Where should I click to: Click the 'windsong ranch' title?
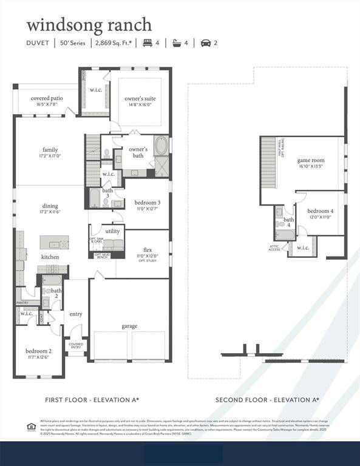89,25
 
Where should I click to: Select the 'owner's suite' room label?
140,99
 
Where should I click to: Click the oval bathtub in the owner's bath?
162,147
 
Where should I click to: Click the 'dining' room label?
50,206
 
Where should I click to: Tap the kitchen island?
54,242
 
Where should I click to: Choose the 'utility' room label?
112,231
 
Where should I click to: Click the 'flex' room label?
148,250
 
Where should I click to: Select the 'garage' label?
129,326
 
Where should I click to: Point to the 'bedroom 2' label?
38,351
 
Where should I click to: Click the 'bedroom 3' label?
148,202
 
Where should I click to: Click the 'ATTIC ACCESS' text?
275,248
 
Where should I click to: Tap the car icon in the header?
205,43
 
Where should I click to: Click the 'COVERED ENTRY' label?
76,345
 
